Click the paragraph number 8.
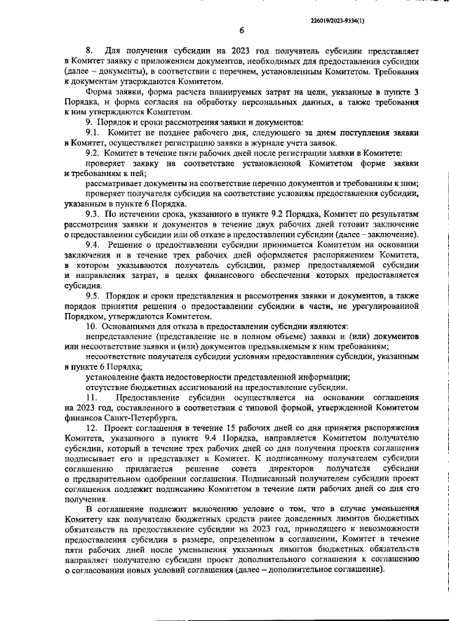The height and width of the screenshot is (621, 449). point(88,51)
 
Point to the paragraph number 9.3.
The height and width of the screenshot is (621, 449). point(92,213)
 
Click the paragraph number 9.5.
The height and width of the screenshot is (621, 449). point(92,297)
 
